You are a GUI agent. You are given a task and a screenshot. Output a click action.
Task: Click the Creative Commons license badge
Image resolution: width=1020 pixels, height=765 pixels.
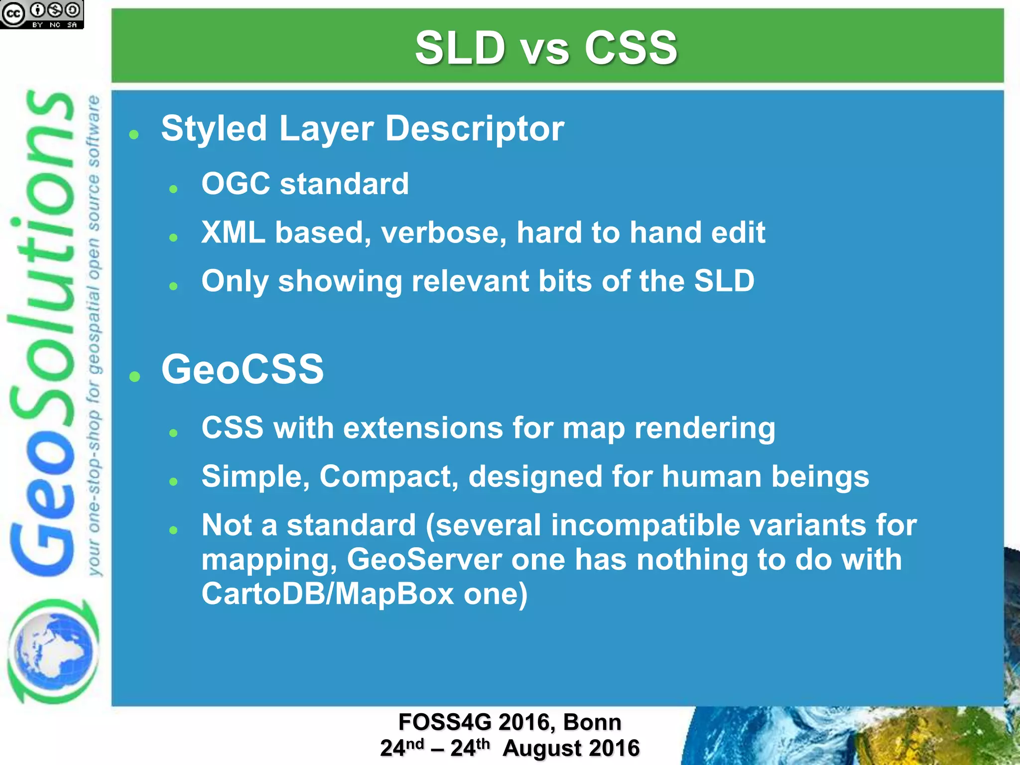click(42, 14)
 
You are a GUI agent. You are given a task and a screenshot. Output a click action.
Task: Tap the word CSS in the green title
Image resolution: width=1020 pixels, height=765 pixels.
click(631, 48)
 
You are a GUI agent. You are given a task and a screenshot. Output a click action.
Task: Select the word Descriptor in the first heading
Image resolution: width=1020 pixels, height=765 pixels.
click(475, 129)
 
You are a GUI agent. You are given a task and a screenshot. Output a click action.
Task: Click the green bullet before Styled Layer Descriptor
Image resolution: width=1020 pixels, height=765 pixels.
click(133, 134)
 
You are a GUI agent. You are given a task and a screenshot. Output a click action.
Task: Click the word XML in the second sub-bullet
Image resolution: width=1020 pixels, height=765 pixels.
click(233, 233)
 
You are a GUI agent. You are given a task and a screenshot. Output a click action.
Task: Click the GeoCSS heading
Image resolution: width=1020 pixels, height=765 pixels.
click(243, 370)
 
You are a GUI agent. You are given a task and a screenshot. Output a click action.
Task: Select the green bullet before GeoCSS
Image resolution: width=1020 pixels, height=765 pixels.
click(134, 376)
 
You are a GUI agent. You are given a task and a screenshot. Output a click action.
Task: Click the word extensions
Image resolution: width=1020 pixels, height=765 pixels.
click(423, 428)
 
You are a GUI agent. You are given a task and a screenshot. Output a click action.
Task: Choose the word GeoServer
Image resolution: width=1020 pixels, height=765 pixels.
click(424, 559)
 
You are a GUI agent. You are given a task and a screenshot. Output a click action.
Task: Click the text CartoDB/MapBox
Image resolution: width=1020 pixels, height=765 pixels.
click(327, 594)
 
